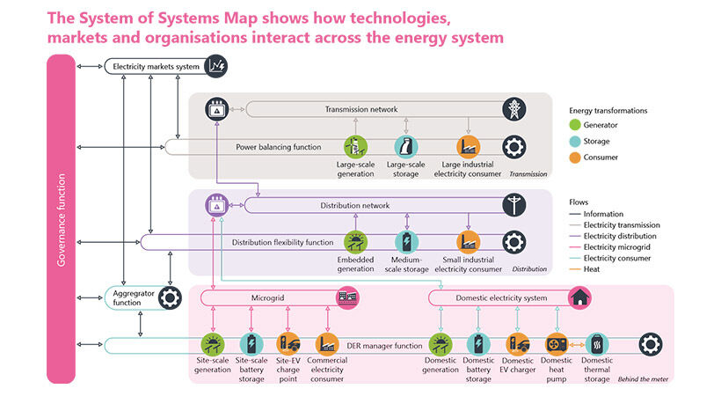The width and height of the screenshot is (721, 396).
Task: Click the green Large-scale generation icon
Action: (355, 147)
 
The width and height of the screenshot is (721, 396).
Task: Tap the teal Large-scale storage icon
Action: (406, 147)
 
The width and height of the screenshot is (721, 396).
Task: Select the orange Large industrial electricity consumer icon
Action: (468, 147)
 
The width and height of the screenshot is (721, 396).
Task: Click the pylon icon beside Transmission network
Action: (514, 109)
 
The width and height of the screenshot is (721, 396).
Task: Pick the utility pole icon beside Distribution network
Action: (513, 205)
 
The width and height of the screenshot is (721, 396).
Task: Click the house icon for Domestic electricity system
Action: (579, 298)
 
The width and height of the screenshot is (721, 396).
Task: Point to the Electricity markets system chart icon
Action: (215, 66)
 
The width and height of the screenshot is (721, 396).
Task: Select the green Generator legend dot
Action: (577, 125)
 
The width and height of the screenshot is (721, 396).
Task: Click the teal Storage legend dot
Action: (577, 141)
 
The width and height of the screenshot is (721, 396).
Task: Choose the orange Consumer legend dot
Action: (577, 157)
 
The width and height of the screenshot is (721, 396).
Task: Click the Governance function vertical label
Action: (61, 218)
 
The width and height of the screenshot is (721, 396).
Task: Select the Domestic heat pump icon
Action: (557, 344)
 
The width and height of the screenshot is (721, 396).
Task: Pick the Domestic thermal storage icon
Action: (598, 344)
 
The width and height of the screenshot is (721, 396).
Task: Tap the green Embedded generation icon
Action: (355, 243)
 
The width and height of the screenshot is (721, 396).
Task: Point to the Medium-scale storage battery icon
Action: (406, 243)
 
